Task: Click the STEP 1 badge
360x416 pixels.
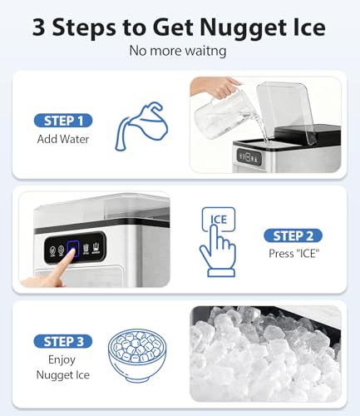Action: point(63,121)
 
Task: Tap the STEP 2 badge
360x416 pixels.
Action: point(293,235)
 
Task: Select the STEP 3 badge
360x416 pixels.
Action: point(63,341)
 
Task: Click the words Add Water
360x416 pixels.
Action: point(63,139)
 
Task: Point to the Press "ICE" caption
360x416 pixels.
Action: point(293,254)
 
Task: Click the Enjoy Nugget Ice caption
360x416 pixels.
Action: point(63,367)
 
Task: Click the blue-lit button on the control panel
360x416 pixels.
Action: point(72,249)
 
